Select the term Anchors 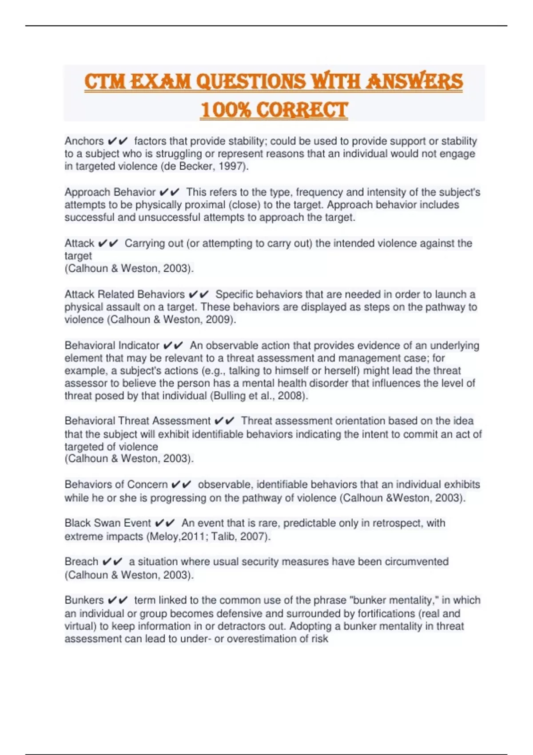click(x=84, y=141)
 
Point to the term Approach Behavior click(x=110, y=192)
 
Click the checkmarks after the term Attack click(x=108, y=243)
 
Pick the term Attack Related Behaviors click(x=124, y=294)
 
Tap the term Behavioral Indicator click(x=112, y=346)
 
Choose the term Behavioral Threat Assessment click(x=138, y=421)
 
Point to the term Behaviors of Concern click(x=116, y=485)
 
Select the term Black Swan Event click(x=108, y=523)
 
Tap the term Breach click(x=81, y=562)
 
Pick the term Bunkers click(x=84, y=600)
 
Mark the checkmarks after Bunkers click(x=118, y=600)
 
